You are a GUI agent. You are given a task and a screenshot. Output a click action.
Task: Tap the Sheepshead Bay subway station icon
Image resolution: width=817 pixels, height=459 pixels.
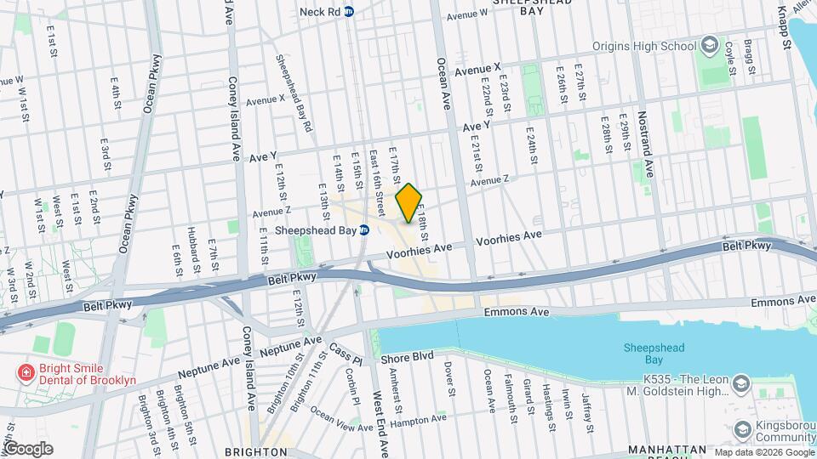coord(364,229)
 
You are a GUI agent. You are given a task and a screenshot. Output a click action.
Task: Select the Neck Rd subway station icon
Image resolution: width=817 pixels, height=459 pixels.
coord(349,13)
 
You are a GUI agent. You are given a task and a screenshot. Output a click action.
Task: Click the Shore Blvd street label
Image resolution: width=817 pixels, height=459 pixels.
coord(407,355)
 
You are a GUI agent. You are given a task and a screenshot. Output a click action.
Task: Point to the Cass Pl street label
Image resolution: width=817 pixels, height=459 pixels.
coord(346,350)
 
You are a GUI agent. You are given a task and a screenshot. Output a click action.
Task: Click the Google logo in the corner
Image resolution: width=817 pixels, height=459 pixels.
coord(28,449)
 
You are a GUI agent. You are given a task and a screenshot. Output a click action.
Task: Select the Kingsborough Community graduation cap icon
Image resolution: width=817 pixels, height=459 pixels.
coord(741,428)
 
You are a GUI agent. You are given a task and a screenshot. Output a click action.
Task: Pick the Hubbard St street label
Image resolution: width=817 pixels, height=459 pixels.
coord(193,256)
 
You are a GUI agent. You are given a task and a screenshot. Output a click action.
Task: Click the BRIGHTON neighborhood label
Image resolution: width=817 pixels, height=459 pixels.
coord(252,451)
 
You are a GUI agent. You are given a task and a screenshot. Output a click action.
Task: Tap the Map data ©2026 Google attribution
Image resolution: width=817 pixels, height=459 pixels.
coord(763,452)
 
